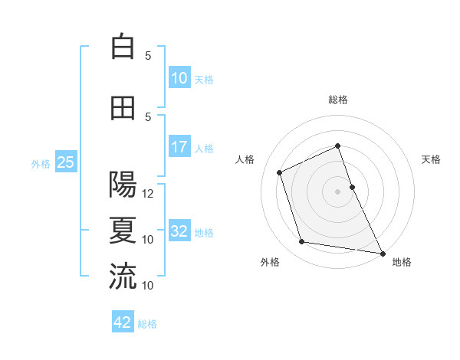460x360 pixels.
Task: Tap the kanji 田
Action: point(123,107)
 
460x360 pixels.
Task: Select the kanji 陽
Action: point(123,185)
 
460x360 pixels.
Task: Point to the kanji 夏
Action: point(123,230)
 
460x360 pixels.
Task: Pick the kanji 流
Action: point(123,276)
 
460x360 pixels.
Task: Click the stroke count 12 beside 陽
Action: point(148,194)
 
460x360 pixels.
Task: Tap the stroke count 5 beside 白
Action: point(148,55)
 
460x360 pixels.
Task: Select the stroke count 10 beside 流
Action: point(148,286)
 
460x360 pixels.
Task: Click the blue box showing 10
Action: point(179,78)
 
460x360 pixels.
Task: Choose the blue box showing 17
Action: point(179,147)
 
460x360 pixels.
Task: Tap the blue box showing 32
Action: point(179,231)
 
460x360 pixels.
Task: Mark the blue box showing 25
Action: point(65,162)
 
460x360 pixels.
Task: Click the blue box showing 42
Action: point(123,322)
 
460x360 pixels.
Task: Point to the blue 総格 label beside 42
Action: point(147,324)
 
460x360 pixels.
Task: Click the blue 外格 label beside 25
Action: point(40,163)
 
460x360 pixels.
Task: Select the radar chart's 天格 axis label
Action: point(431,159)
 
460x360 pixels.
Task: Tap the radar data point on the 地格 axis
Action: point(383,253)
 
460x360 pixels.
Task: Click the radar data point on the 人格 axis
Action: point(280,172)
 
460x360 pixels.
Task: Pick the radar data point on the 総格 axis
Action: point(337,146)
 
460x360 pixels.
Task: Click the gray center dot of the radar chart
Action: point(337,191)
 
